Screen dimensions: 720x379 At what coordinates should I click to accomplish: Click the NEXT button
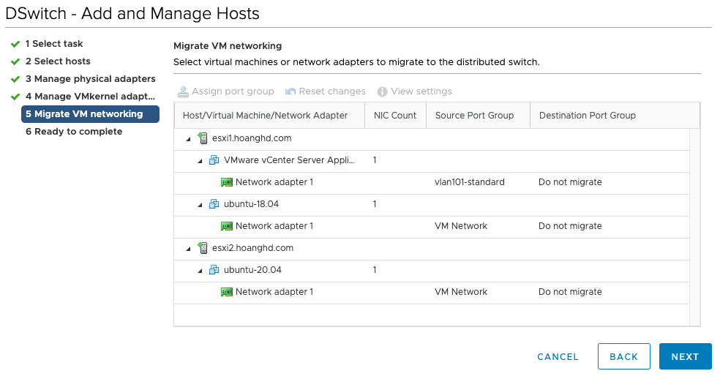(x=685, y=356)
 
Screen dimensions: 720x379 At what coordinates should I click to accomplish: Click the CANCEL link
(x=558, y=357)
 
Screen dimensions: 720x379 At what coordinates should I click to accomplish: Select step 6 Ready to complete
(x=74, y=132)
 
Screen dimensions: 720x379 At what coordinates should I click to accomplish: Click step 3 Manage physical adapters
(x=91, y=79)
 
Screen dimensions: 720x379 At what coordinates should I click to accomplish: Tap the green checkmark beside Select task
(x=15, y=44)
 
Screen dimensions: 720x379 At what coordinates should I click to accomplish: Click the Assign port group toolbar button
(x=226, y=91)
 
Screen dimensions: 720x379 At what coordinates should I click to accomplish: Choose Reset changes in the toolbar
(x=325, y=91)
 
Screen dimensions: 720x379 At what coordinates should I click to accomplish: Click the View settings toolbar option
(x=415, y=91)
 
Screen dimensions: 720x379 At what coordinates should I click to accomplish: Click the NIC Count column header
(x=395, y=116)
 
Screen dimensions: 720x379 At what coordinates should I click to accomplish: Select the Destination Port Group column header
(x=588, y=116)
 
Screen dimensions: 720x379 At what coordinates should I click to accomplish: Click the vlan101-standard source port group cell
(x=469, y=182)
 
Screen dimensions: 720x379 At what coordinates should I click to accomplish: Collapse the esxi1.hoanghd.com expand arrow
(x=188, y=139)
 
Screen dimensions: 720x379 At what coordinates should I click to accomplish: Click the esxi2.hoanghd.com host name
(x=252, y=248)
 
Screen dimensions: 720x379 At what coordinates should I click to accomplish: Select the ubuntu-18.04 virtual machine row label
(x=251, y=204)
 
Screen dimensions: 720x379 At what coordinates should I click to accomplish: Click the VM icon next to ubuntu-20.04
(x=214, y=270)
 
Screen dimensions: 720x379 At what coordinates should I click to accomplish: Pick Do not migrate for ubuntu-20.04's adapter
(x=570, y=292)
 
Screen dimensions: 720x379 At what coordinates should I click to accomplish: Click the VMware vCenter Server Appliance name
(x=289, y=160)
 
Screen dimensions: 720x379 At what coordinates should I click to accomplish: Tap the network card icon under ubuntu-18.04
(x=227, y=226)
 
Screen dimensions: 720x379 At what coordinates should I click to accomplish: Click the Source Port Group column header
(x=474, y=116)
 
